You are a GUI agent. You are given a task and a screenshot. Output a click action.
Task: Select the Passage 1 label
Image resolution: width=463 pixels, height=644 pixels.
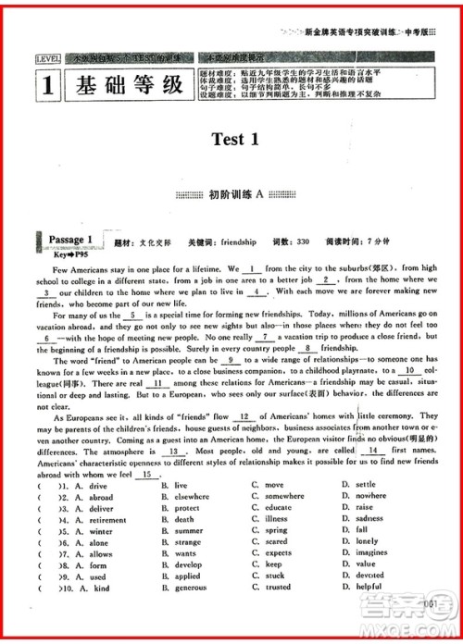tap(70, 241)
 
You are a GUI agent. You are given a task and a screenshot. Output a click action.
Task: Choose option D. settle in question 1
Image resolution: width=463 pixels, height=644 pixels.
tap(358, 484)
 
